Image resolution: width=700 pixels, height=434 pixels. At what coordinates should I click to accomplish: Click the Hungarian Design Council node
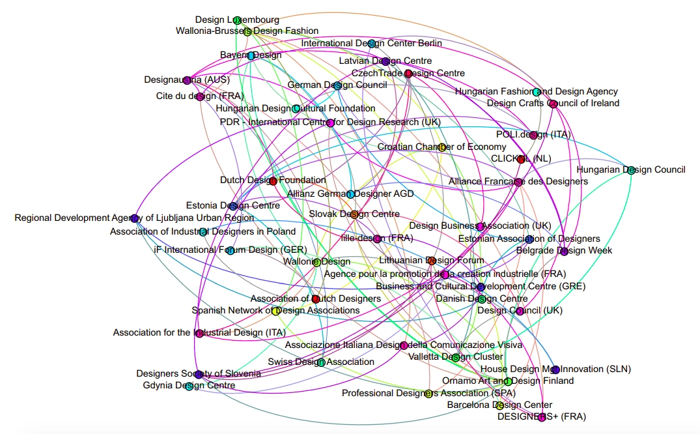point(630,170)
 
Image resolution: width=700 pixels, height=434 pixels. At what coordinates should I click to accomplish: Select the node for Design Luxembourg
point(237,20)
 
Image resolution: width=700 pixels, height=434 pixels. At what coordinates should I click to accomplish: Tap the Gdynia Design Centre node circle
point(189,386)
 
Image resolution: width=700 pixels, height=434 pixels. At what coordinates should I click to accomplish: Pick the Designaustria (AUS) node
point(187,80)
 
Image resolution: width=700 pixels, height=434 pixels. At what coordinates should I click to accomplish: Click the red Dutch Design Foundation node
point(273,181)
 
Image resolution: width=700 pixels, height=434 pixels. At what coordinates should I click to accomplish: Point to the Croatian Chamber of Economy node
point(441,147)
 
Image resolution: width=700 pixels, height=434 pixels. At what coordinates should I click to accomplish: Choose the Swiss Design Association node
point(321,362)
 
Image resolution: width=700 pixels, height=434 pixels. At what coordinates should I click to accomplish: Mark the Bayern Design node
point(251,55)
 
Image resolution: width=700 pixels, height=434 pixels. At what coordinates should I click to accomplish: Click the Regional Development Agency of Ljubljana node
point(134,218)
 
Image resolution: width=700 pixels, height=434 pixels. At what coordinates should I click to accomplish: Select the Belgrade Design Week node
point(564,251)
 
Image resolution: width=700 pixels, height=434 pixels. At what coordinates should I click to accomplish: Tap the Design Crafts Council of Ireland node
point(553,104)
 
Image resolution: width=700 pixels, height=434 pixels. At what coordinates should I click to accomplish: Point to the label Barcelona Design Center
point(499,405)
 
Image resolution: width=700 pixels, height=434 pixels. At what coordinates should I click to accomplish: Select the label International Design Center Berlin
point(371,44)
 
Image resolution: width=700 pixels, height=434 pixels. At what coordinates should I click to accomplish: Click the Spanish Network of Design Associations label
point(275,311)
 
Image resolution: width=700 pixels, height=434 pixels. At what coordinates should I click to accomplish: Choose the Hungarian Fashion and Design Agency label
point(536,92)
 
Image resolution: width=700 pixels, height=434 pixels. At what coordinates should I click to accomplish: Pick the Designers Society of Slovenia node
point(199,374)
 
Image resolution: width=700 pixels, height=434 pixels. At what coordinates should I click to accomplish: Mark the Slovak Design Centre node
point(345,214)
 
